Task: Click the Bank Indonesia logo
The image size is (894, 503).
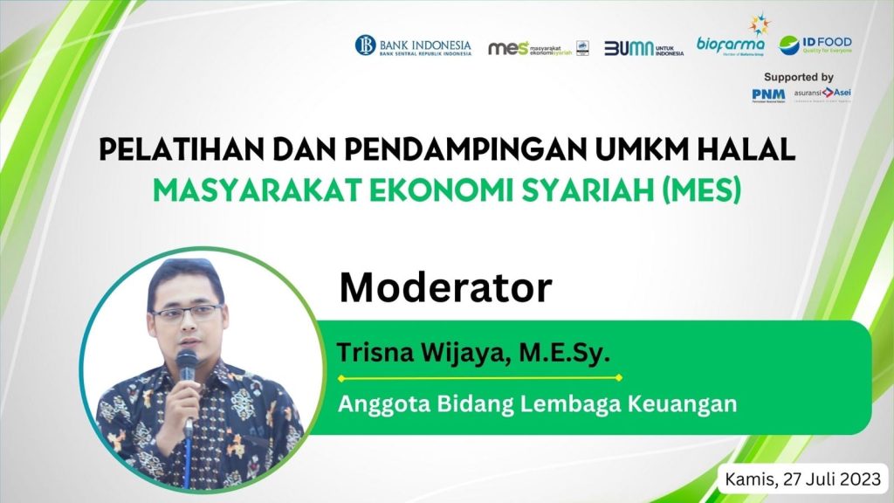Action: click(x=412, y=45)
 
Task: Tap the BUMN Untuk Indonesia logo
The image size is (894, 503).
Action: click(x=643, y=48)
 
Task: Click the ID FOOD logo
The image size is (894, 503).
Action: click(x=815, y=45)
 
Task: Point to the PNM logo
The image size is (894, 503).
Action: click(x=767, y=94)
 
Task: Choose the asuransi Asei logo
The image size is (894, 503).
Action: click(x=822, y=93)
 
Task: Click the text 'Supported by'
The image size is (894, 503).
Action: click(x=798, y=77)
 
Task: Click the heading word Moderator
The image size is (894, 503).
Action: click(x=445, y=287)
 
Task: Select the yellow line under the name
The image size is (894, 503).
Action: click(x=479, y=378)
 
